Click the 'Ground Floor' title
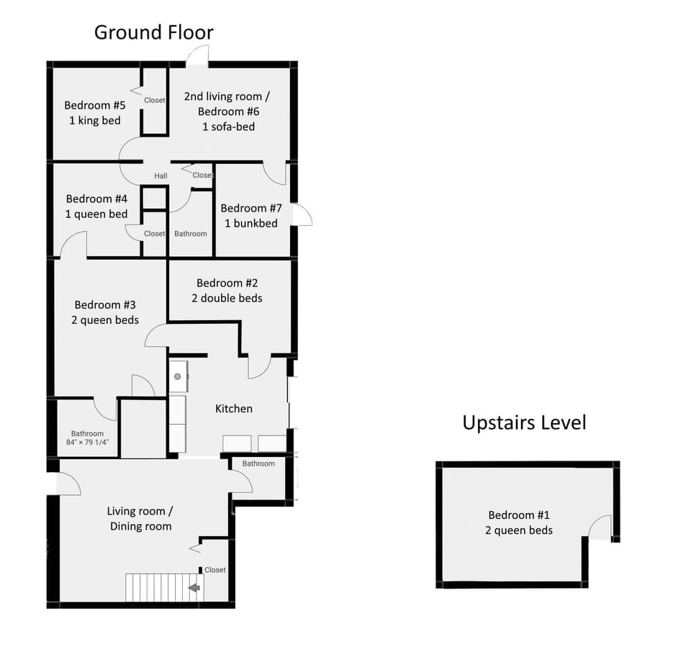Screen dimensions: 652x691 (x=153, y=32)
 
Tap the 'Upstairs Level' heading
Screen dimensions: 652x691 (x=524, y=422)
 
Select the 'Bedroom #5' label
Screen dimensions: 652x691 (x=94, y=105)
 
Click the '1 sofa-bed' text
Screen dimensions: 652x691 (x=228, y=127)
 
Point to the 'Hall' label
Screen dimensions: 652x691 (x=161, y=176)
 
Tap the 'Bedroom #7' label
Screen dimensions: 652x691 (x=251, y=208)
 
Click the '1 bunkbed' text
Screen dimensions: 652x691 (x=251, y=223)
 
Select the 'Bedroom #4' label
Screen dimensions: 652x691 (x=96, y=199)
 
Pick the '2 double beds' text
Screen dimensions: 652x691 (x=227, y=298)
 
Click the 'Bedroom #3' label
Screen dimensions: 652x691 (x=105, y=304)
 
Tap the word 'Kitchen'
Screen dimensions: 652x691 (x=234, y=409)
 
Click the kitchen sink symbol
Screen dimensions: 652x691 (x=177, y=376)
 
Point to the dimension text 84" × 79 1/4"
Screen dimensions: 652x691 (x=87, y=443)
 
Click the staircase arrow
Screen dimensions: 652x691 (x=194, y=588)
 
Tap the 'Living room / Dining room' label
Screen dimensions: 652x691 (x=140, y=519)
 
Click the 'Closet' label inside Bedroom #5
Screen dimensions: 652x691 (x=155, y=100)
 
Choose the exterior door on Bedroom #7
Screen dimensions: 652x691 (x=302, y=215)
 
